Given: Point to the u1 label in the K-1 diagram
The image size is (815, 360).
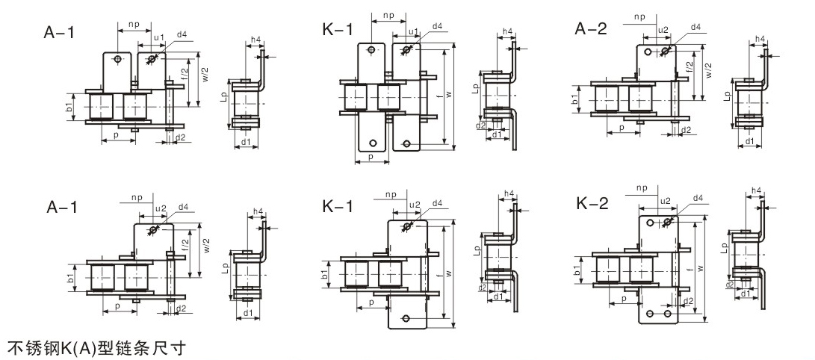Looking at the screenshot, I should (413, 31).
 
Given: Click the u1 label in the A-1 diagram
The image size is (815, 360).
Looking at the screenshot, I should (158, 37).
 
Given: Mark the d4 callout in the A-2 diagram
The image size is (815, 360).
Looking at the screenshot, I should (695, 28).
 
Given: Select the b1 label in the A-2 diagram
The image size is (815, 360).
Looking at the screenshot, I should (575, 99).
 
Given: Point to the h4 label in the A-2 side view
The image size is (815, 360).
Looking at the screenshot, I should (760, 39).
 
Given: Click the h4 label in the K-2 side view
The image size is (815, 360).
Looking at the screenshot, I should (756, 191).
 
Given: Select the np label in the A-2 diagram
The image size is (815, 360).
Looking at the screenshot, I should (639, 16).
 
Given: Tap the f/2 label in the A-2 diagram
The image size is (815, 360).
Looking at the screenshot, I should (690, 69).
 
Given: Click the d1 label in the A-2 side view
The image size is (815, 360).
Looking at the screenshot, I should (749, 142).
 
